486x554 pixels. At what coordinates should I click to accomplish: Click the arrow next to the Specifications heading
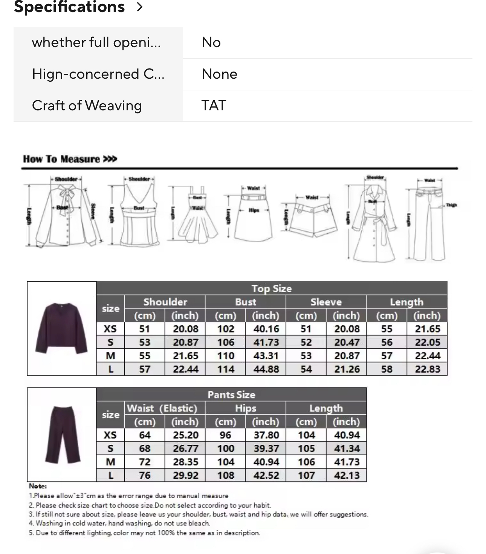pos(140,7)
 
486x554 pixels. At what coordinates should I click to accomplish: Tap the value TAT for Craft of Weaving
pos(214,105)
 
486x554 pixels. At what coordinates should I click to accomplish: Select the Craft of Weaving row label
pos(87,105)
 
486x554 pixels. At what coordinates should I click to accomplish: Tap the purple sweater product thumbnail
pos(62,328)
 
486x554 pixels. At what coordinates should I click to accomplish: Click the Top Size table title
pos(272,288)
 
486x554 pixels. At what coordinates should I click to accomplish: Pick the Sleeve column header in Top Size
pos(326,302)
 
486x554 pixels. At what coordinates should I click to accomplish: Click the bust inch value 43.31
pos(266,356)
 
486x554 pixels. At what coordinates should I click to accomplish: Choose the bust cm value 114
pos(225,369)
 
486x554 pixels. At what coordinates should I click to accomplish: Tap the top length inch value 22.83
pos(427,369)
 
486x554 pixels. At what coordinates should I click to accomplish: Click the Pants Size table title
pos(231,395)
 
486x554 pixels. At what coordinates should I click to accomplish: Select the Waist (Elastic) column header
pos(162,408)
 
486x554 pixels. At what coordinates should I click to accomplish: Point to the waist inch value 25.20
pos(185,435)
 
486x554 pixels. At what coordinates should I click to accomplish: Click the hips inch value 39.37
pos(266,449)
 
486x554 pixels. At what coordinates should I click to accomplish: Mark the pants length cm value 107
pos(306,476)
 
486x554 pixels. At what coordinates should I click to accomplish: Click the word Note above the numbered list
pos(38,486)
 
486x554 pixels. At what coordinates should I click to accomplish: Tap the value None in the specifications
pos(219,74)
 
